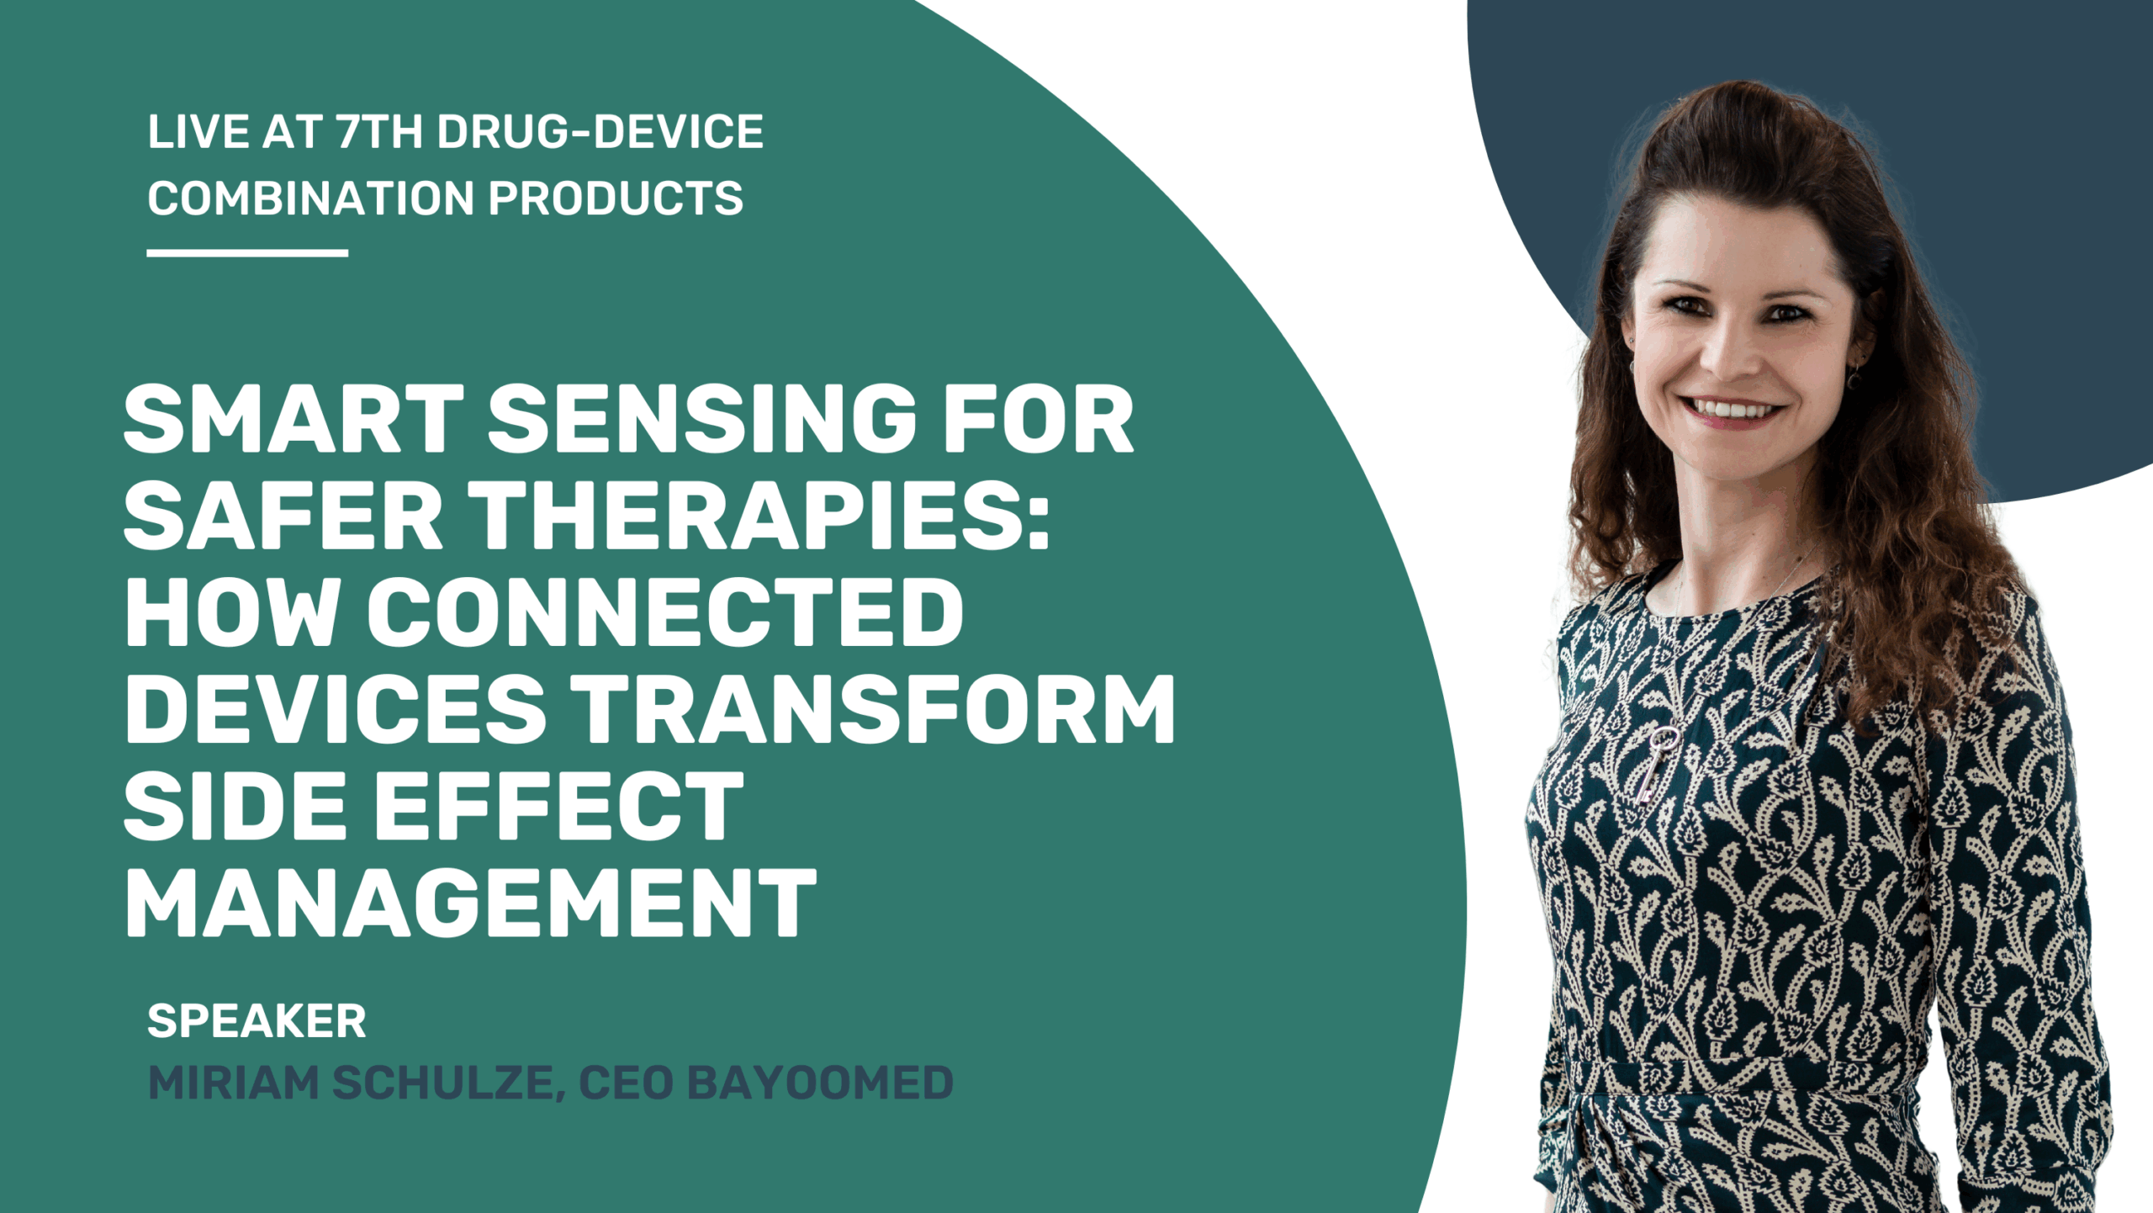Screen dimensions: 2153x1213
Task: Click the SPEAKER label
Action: (257, 1021)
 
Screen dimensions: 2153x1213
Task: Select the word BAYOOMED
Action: (820, 1083)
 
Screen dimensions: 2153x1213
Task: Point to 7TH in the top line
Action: (378, 132)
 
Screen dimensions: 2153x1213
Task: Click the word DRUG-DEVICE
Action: (600, 132)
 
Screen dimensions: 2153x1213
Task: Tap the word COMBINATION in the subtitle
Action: (311, 198)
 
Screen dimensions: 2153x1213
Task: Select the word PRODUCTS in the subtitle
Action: (616, 198)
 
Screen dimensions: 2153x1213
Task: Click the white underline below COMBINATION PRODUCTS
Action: (247, 252)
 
